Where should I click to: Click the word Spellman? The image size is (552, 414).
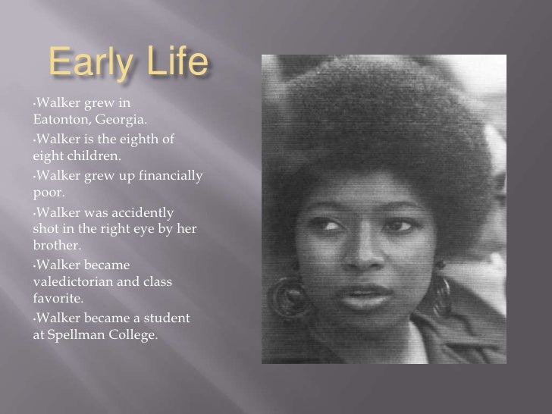pyautogui.click(x=78, y=334)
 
